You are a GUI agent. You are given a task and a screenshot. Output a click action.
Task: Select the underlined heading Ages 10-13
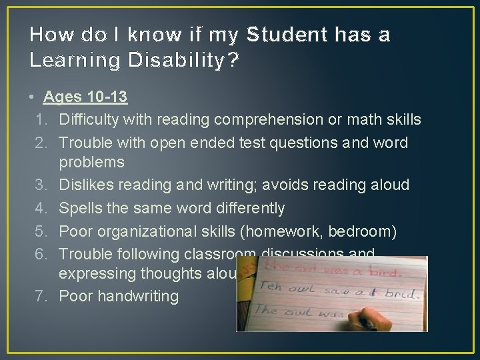click(x=85, y=97)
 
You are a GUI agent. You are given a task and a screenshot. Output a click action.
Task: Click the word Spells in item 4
click(x=78, y=209)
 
